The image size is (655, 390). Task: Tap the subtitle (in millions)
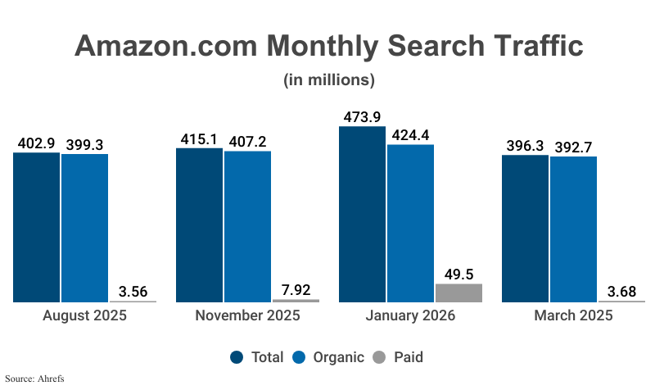(328, 80)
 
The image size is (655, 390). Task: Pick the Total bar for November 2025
(199, 224)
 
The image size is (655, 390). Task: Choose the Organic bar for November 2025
(247, 226)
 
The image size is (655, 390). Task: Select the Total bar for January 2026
(362, 214)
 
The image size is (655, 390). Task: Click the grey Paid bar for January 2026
(459, 292)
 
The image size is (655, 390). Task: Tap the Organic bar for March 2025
(573, 229)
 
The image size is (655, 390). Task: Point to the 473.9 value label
(362, 116)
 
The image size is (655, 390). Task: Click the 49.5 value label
(459, 274)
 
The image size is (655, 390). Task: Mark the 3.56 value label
(133, 292)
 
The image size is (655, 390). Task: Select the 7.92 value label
(296, 289)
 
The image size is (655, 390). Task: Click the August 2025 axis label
(84, 316)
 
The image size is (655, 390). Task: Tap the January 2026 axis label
(410, 316)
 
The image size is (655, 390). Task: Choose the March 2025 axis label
(573, 316)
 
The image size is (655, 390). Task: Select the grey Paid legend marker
(379, 357)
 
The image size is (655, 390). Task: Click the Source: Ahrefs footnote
(34, 379)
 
